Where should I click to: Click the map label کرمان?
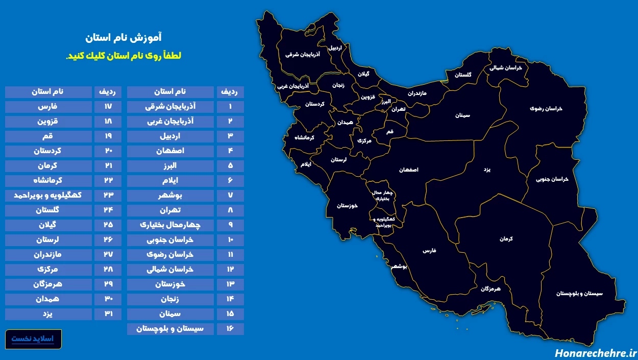506,238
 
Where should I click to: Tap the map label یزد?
486,169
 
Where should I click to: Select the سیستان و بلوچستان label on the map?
579,294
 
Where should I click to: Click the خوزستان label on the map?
347,206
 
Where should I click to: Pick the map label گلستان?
463,75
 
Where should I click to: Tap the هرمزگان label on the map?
490,289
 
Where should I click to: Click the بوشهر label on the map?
399,267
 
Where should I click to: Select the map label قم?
390,132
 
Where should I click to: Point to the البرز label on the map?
385,102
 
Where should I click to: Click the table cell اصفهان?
170,151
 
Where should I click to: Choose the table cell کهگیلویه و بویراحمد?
49,196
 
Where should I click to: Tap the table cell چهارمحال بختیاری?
170,225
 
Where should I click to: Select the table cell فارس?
49,107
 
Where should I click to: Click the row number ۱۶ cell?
230,329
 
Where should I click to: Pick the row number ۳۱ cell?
107,314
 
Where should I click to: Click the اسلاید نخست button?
33,339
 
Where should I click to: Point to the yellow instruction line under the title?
124,56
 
